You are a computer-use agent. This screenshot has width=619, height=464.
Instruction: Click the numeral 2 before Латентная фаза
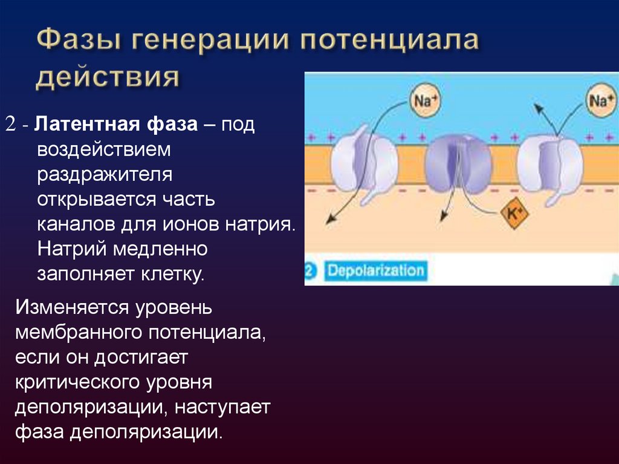(11, 125)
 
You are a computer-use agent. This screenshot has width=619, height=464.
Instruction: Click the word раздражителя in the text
(106, 174)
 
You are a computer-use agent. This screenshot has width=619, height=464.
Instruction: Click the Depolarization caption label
(375, 269)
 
